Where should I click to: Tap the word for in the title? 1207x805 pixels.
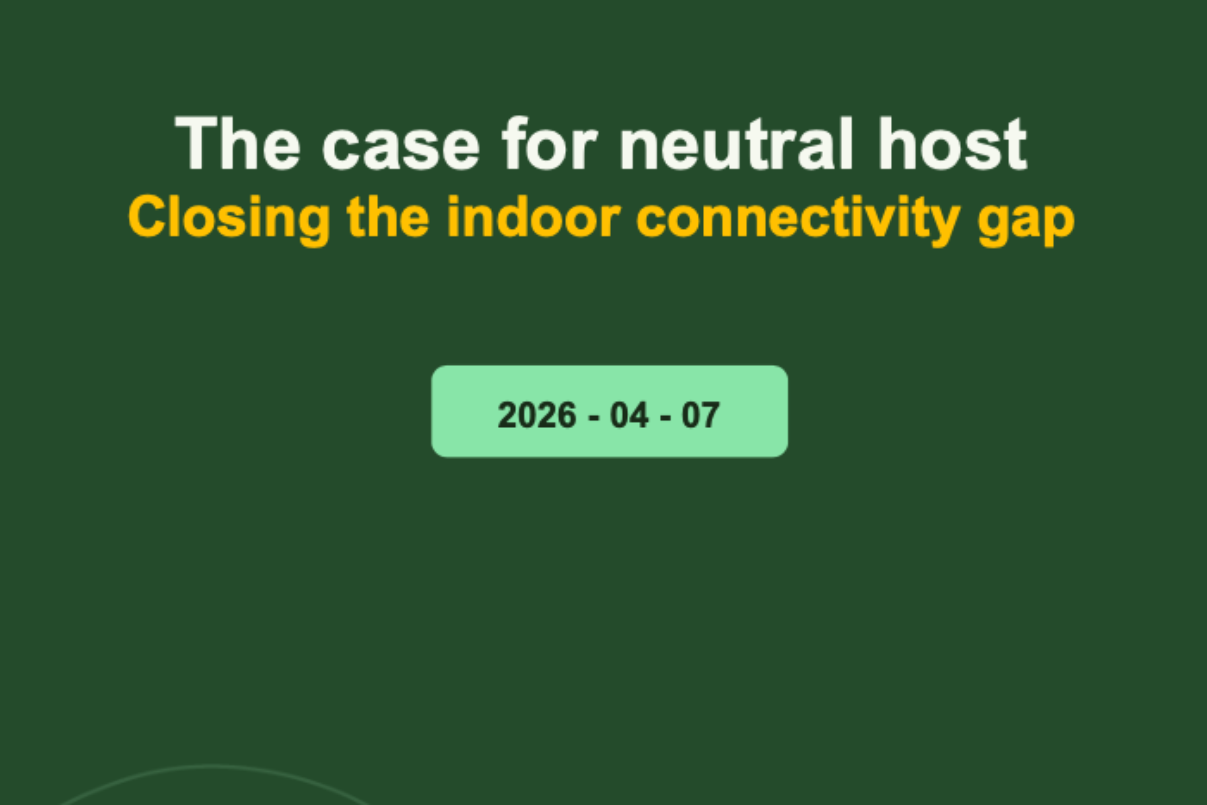[549, 144]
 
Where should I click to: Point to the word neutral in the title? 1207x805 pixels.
[736, 144]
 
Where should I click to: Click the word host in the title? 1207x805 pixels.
[952, 144]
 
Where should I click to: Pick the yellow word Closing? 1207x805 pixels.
[229, 218]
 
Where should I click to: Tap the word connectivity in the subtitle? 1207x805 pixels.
[798, 218]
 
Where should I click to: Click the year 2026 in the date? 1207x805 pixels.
[537, 415]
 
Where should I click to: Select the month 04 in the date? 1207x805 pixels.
[629, 415]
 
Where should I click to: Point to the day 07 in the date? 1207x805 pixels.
[700, 415]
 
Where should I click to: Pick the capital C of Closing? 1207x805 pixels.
[147, 217]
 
